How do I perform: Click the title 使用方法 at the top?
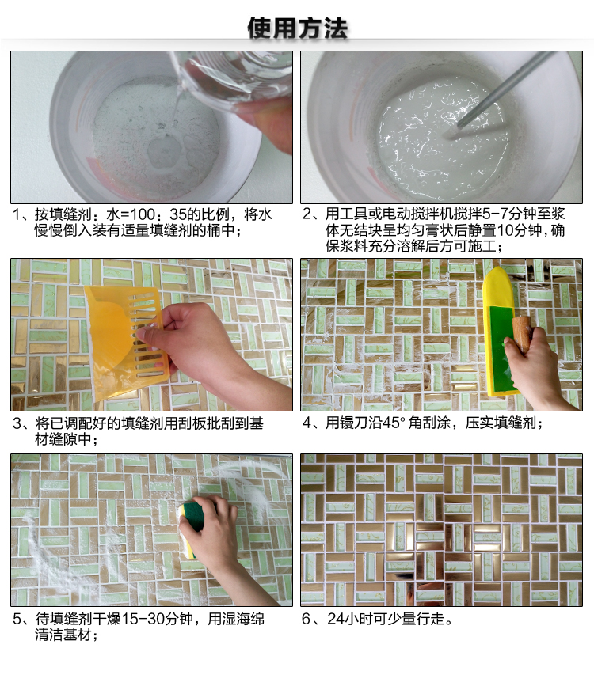coord(297,28)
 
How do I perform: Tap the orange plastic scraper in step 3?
coord(125,340)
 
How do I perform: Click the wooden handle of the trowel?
coord(522,332)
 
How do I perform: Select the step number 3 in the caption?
coord(17,423)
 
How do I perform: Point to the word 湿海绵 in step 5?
coord(242,619)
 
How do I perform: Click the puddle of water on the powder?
coord(164,150)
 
